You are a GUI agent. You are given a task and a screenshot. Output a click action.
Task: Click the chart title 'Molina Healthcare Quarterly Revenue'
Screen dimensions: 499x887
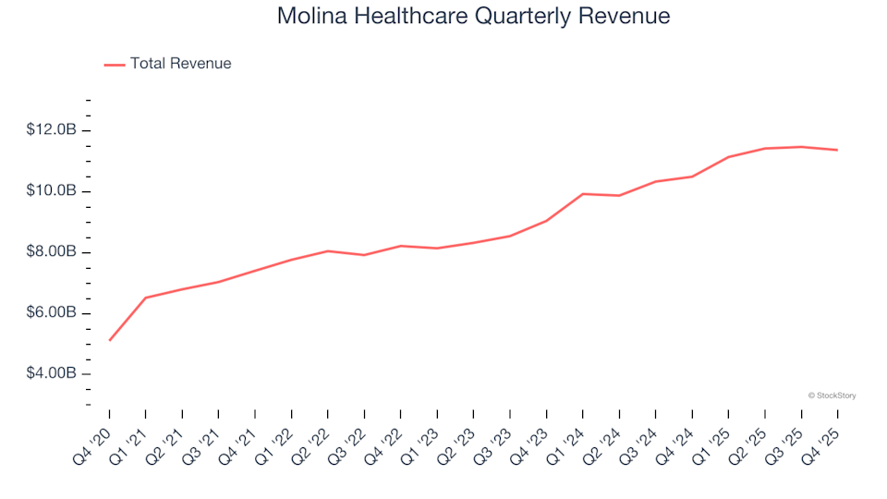[x=473, y=17]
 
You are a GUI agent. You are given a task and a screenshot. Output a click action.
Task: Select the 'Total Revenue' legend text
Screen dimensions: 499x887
[x=180, y=64]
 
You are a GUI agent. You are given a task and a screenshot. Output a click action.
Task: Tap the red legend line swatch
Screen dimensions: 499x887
[x=115, y=65]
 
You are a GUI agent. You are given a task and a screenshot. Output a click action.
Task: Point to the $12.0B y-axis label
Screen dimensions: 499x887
[x=52, y=130]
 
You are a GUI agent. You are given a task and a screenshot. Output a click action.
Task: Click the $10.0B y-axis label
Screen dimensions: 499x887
[x=52, y=191]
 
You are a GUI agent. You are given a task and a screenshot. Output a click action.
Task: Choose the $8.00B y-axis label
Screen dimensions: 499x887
[x=52, y=252]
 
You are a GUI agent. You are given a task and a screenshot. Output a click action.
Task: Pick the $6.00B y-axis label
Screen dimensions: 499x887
[x=52, y=313]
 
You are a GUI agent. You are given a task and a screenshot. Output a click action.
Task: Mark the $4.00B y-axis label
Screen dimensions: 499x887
[x=52, y=374]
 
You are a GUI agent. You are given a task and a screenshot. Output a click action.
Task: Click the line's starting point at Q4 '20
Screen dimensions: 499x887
[x=110, y=340]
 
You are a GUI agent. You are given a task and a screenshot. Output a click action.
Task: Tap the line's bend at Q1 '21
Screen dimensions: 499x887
[x=146, y=298]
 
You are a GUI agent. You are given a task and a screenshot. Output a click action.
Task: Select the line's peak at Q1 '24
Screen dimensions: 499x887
[x=583, y=193]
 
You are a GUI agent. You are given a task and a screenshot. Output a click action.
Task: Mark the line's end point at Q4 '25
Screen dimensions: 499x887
[x=837, y=150]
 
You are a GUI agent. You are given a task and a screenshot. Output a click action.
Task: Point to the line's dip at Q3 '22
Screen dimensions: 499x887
[x=365, y=255]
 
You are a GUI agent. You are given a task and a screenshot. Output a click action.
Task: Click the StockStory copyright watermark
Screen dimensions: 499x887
[x=832, y=396]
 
